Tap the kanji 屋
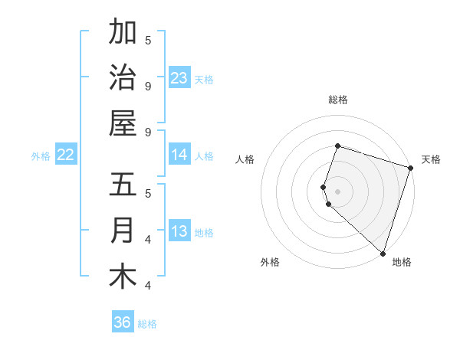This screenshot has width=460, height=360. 123,123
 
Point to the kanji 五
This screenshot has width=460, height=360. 123,185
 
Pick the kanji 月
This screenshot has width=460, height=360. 123,231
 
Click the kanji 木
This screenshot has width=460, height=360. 123,277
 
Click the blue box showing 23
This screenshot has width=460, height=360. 179,77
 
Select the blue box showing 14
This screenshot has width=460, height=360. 179,155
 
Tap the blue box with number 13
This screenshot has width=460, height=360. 179,231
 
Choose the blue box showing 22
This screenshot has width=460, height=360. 66,155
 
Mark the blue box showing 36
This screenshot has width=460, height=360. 123,322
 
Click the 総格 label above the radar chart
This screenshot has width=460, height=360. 337,100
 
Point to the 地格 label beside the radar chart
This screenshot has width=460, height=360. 402,262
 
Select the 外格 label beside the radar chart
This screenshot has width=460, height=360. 270,262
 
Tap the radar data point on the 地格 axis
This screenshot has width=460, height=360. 383,253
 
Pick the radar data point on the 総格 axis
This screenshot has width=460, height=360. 337,146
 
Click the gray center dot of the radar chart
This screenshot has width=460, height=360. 337,190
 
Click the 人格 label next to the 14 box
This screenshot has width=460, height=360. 204,155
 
